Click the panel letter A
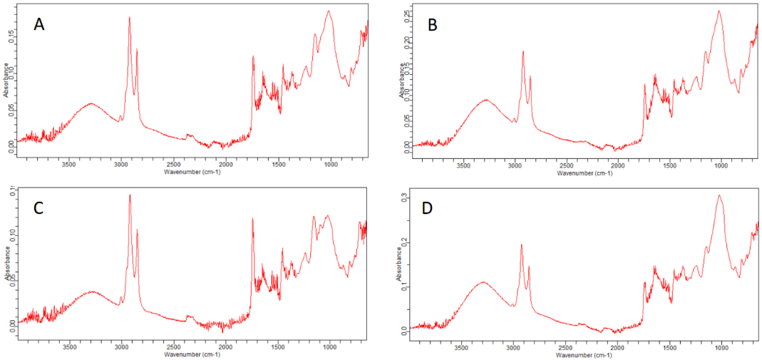tap(40, 24)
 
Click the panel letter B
tap(432, 25)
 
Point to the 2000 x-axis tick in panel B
tap(617, 165)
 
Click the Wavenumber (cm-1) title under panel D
tap(585, 354)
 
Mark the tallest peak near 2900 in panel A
tap(129, 18)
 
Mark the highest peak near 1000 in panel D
tap(719, 195)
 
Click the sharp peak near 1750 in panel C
tap(252, 218)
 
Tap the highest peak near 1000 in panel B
tap(719, 11)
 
